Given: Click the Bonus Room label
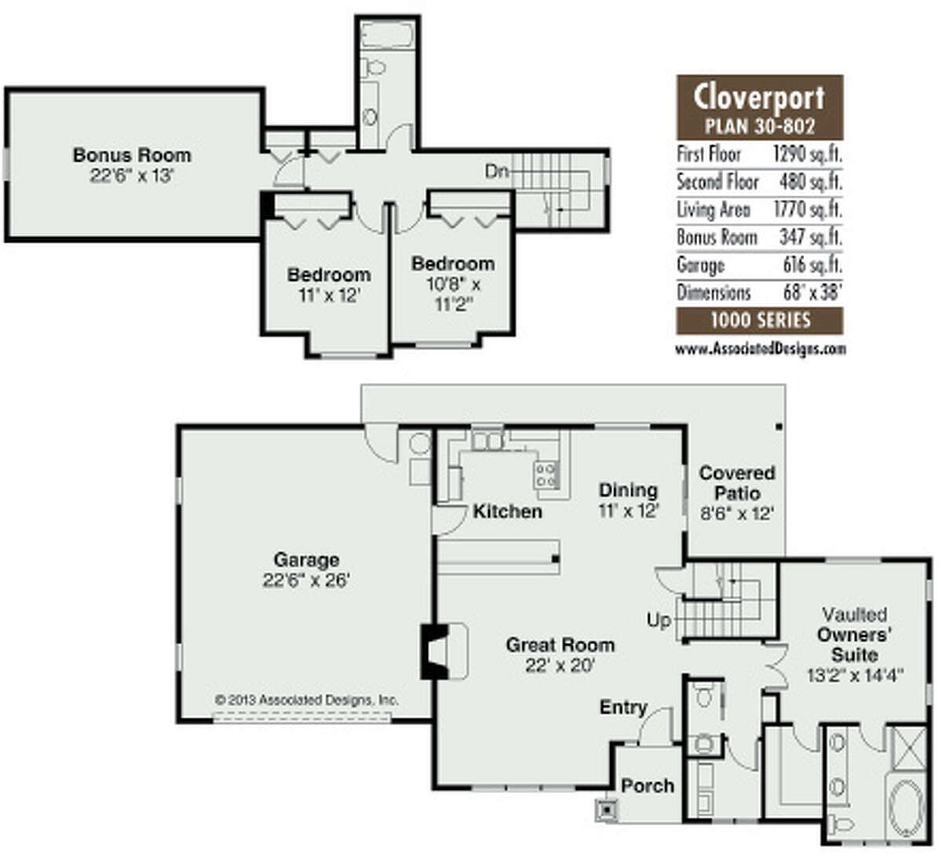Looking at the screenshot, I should (x=131, y=155).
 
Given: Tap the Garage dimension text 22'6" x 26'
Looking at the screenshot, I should (x=306, y=581).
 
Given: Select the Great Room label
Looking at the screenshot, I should (x=560, y=645).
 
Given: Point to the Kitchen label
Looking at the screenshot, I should (x=507, y=512).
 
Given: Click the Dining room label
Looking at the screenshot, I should (x=628, y=490).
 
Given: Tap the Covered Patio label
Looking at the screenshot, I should (x=736, y=483).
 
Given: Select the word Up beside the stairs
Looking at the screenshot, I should (x=659, y=621).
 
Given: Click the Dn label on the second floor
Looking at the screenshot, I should (x=496, y=171).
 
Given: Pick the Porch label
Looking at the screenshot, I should (x=648, y=785).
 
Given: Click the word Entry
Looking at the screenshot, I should (x=623, y=708).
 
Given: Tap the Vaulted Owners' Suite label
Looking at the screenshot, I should (x=855, y=635).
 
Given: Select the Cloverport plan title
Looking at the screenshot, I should (x=759, y=98).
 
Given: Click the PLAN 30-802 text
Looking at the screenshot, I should (x=759, y=126).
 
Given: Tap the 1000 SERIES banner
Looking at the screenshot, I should (x=759, y=320).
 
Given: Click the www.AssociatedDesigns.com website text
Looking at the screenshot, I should (x=760, y=348).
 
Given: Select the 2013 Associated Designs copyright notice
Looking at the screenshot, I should (x=307, y=700).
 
